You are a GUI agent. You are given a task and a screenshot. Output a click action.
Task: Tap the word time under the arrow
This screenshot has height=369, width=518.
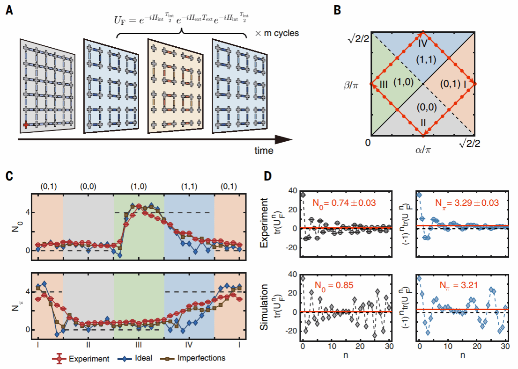[x=264, y=151]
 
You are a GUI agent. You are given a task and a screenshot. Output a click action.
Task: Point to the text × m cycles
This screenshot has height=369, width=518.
[x=277, y=34]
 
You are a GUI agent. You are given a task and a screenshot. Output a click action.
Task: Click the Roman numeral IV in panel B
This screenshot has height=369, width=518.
[x=423, y=44]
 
